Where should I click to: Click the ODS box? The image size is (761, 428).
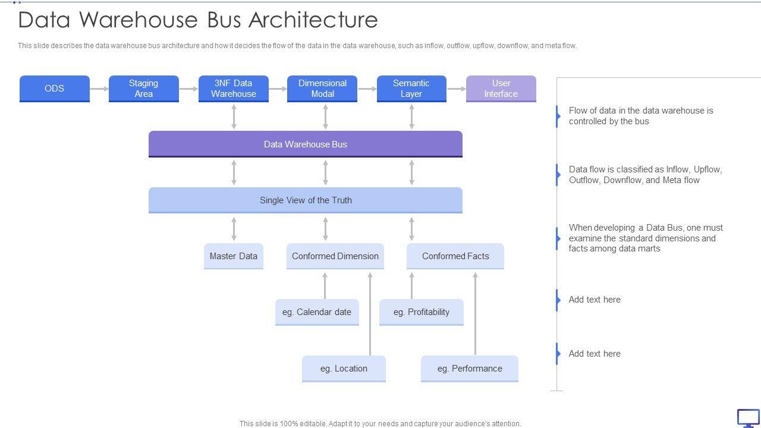tap(54, 89)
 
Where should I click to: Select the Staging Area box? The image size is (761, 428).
tap(143, 89)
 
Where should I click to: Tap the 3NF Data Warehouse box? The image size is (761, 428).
tap(233, 89)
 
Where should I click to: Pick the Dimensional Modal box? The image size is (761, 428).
tap(322, 89)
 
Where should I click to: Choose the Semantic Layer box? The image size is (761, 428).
tap(411, 89)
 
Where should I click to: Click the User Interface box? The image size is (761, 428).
tap(501, 89)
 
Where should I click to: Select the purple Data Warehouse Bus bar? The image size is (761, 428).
tap(305, 144)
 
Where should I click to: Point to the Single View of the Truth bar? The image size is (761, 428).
tap(305, 200)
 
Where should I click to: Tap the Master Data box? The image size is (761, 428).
tap(233, 256)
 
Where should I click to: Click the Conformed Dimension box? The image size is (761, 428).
tap(335, 256)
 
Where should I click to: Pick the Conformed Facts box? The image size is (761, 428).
tap(455, 256)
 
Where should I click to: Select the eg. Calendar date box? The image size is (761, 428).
tap(317, 312)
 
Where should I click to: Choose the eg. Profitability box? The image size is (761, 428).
tap(421, 312)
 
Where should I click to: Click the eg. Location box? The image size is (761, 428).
tap(344, 369)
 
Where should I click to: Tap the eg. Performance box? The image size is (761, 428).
tap(469, 369)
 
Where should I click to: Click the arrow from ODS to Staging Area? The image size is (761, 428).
tap(99, 89)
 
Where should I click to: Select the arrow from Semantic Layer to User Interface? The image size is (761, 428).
tap(456, 89)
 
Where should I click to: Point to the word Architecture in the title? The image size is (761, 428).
tap(313, 20)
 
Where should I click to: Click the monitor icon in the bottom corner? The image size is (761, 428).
tap(748, 418)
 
